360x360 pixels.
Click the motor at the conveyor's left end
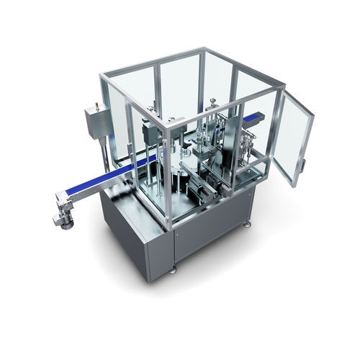(x=63, y=213)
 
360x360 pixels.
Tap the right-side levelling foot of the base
(x=247, y=225)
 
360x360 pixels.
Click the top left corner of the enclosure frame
(x=103, y=76)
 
